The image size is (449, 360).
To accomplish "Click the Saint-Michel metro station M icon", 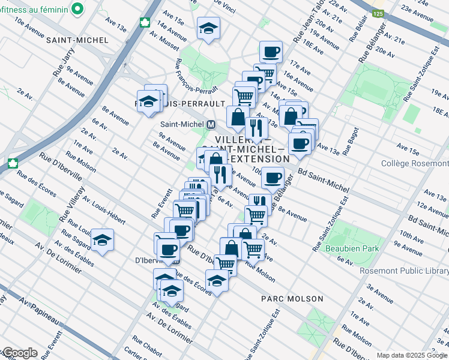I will click(x=211, y=124).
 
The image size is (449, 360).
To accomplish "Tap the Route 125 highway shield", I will click(x=377, y=13).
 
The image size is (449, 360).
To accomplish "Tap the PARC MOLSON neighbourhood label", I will click(x=292, y=298).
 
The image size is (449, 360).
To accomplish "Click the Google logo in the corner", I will click(x=19, y=353).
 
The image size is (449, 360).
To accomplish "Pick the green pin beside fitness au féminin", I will click(x=77, y=8).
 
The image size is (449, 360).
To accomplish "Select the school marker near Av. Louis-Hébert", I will click(x=103, y=241).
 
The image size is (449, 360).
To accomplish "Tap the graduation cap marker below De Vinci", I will click(x=208, y=28).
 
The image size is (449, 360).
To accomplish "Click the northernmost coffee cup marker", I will click(x=270, y=51).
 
